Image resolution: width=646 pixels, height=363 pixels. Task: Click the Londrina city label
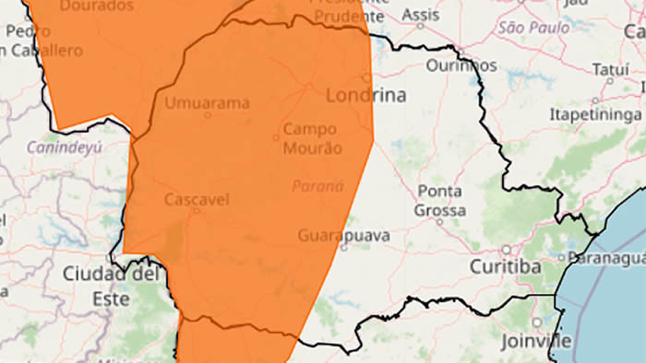tap(365, 95)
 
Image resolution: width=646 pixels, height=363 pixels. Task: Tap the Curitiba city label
tap(505, 267)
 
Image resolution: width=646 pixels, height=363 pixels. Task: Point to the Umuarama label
tap(208, 102)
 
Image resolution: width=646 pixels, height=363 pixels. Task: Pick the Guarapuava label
tap(343, 236)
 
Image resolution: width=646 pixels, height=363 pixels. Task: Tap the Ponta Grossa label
tap(441, 201)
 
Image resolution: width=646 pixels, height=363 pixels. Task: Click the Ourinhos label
tap(461, 65)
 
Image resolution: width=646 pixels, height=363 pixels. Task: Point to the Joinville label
tap(536, 341)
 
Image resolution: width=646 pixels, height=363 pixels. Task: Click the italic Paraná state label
tap(317, 186)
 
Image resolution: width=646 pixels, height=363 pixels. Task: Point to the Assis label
tap(422, 16)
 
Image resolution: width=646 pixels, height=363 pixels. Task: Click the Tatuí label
tap(610, 70)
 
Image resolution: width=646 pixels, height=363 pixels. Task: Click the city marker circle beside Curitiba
tap(506, 250)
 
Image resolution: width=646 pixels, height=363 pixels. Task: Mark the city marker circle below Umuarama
tap(208, 115)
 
